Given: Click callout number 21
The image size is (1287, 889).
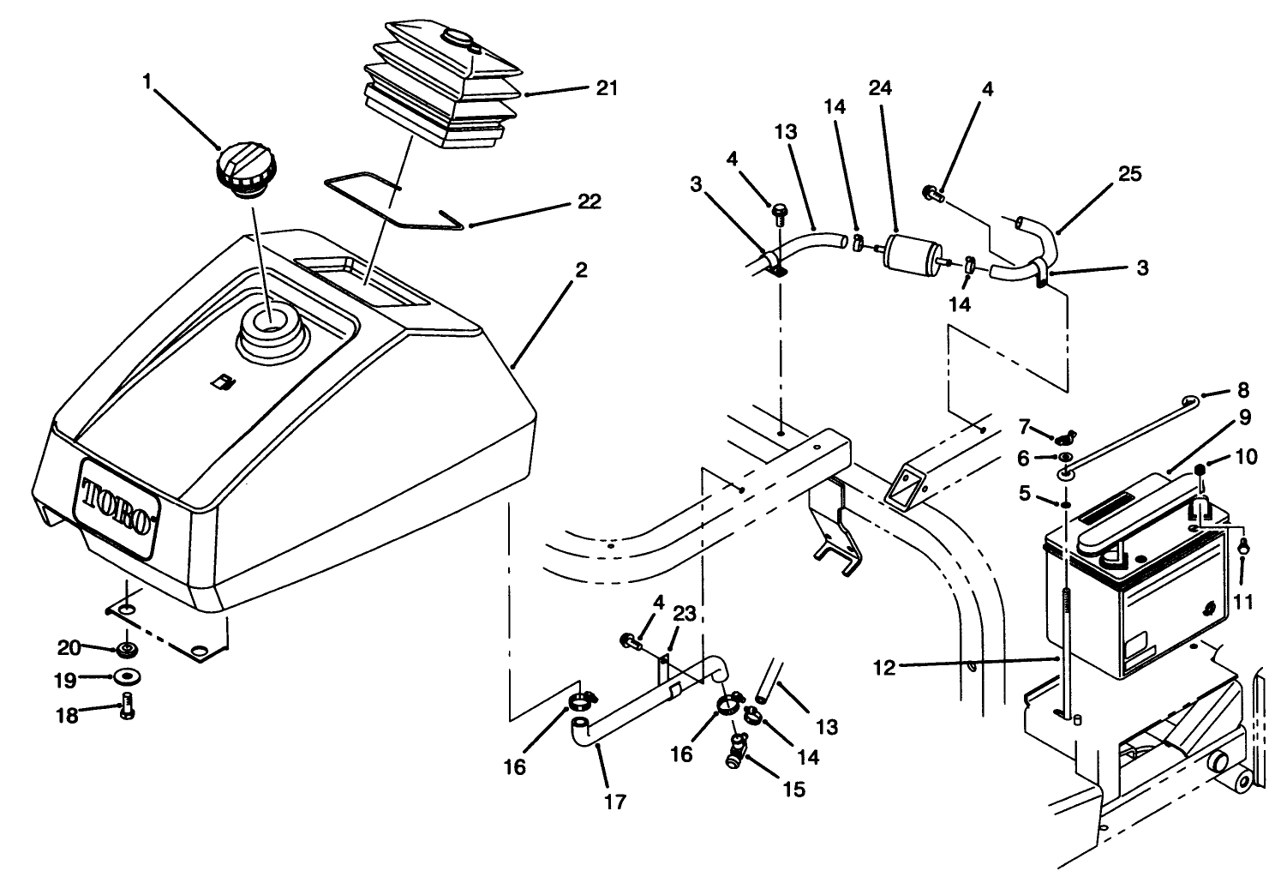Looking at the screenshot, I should (607, 88).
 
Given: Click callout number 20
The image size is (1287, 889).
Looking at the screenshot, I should (68, 646).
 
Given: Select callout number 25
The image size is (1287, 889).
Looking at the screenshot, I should (1129, 174).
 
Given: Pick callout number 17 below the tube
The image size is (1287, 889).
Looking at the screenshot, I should (615, 802).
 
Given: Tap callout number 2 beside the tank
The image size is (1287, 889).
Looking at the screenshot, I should (581, 271).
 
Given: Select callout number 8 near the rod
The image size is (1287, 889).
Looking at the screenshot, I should (1243, 393).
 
